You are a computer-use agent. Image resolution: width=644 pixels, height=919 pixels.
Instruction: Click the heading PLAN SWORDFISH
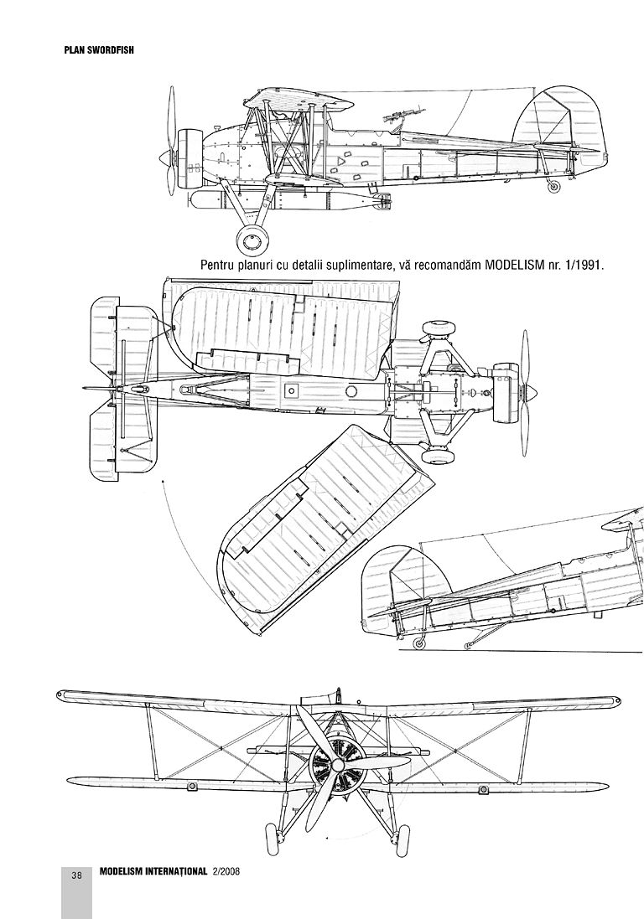[x=99, y=49]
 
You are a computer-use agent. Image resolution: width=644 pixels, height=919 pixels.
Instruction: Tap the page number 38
[x=76, y=876]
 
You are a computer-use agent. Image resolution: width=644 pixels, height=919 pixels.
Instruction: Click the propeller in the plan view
[x=526, y=390]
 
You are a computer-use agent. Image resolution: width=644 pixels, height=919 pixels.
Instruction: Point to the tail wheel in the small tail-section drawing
[x=418, y=643]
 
